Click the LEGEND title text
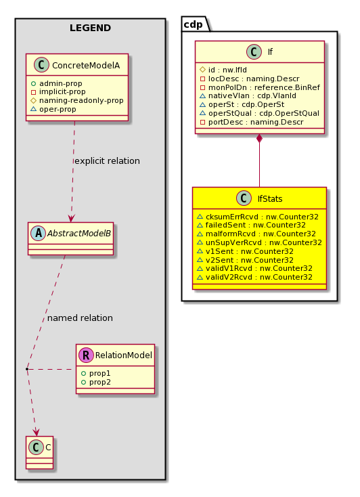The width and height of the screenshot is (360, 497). coord(90,28)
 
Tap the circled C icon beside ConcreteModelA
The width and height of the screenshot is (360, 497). coord(41,65)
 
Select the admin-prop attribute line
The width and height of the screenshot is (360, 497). coord(57,83)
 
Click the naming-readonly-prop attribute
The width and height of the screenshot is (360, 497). coord(77,100)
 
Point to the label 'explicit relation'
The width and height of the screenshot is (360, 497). coord(107,161)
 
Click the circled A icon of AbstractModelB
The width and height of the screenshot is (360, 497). coord(39,234)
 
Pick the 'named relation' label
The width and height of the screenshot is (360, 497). coord(80,318)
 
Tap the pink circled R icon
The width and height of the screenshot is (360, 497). coord(86,355)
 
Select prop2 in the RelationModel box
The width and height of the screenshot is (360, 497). coord(96,383)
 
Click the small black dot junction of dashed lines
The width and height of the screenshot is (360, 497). coord(27,369)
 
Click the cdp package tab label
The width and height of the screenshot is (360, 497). coord(193,24)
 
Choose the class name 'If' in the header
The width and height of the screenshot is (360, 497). coord(270,52)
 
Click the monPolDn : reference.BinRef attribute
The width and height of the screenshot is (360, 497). coord(260,87)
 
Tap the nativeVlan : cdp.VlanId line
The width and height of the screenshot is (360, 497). coord(248,95)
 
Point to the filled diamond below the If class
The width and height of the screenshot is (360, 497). coord(260,139)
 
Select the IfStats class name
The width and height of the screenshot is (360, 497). coord(270,199)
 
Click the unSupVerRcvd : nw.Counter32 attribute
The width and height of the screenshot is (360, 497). coord(260,243)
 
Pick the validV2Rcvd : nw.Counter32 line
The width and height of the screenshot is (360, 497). coord(255,278)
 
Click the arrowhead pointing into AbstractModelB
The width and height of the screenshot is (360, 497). coord(71,219)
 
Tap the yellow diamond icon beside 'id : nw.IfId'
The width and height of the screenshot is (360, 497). coord(203,70)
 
